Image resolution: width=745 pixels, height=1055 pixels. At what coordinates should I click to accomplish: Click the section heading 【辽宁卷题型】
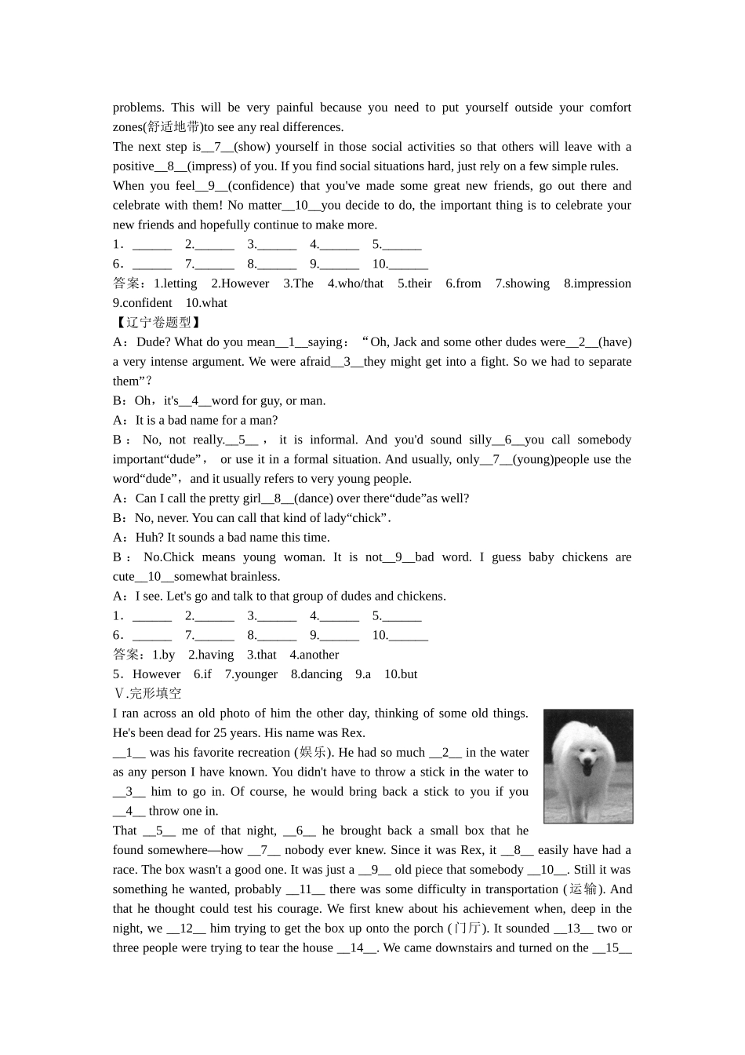pos(158,323)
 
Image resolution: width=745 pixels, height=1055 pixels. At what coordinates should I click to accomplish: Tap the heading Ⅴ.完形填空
pos(147,694)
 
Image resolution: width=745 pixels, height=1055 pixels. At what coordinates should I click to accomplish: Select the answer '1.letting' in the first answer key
pos(175,283)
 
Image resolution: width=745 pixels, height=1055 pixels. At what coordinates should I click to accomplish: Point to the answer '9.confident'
pos(142,303)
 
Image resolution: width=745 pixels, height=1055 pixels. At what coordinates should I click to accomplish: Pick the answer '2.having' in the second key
pos(210,655)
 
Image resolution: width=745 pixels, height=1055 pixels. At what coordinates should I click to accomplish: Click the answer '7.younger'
pos(251,674)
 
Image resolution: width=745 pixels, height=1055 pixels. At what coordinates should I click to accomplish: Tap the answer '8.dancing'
pos(316,674)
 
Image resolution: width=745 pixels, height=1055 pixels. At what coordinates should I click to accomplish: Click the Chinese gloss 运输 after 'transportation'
pos(583,889)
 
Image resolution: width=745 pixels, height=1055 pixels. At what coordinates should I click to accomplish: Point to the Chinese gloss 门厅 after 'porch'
pos(468,929)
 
